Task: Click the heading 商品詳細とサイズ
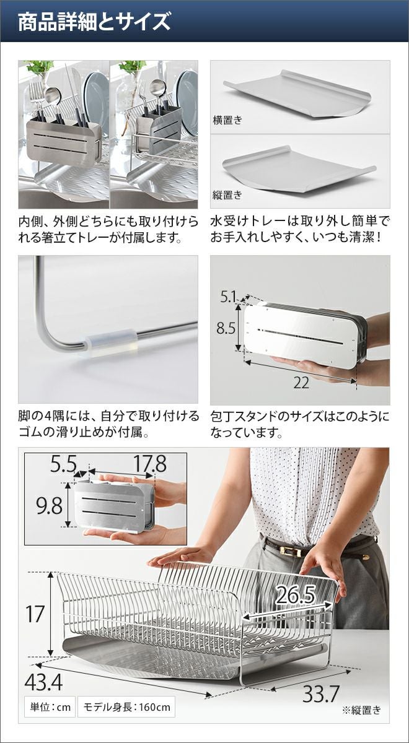point(94,22)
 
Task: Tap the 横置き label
point(228,119)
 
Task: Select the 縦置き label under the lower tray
point(228,194)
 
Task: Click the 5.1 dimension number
point(228,297)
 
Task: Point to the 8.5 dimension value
point(226,328)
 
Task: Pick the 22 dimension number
point(301,383)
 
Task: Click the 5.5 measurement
point(63,464)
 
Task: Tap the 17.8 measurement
point(150,464)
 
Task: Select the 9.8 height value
point(50,506)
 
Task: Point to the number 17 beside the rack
point(35,614)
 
